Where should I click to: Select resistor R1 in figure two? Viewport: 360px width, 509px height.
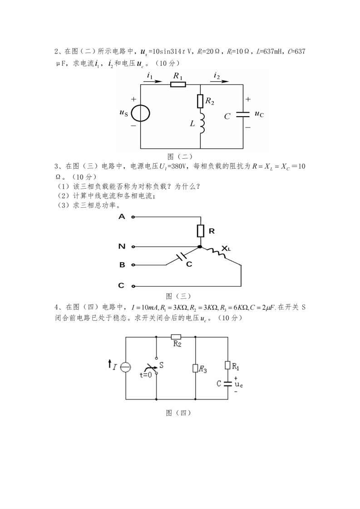tap(178, 84)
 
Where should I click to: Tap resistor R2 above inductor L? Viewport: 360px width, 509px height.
tap(200, 101)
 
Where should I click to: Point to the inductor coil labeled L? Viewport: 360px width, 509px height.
tap(201, 123)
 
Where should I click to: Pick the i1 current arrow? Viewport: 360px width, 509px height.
tap(152, 82)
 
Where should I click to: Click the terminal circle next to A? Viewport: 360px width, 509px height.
tap(133, 217)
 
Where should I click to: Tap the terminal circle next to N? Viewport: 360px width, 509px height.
tap(133, 247)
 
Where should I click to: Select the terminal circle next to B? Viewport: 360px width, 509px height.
tap(133, 264)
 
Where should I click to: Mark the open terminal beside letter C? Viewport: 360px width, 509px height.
tap(133, 286)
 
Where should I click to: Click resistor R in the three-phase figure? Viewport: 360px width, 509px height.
tap(200, 231)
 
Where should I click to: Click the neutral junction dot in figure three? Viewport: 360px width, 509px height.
tap(200, 247)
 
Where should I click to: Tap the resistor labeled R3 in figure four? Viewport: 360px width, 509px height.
tap(195, 368)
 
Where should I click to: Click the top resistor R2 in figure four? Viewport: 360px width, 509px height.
tap(176, 337)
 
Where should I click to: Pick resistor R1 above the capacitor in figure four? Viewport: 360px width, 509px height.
tap(228, 365)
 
